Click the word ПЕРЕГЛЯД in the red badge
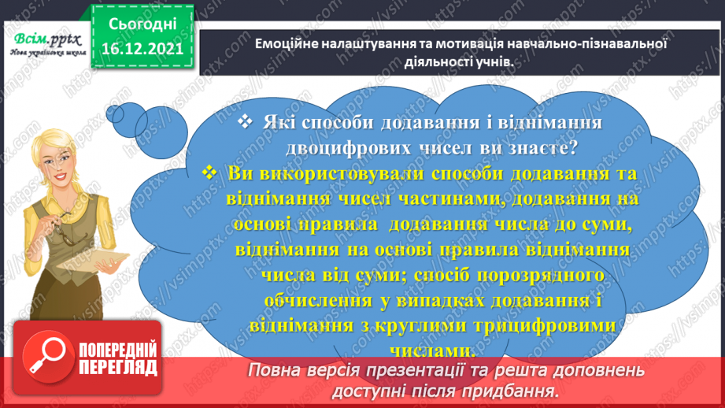(119, 367)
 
